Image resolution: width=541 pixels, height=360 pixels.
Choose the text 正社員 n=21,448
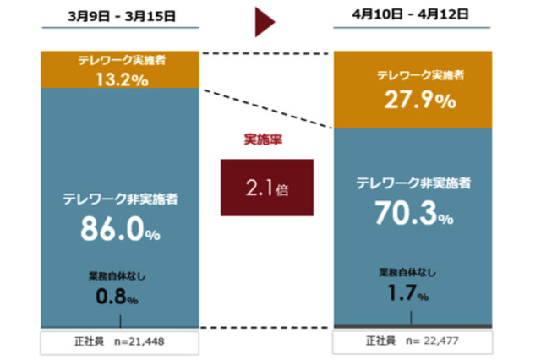118,342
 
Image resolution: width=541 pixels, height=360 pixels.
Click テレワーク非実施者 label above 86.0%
119,200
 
